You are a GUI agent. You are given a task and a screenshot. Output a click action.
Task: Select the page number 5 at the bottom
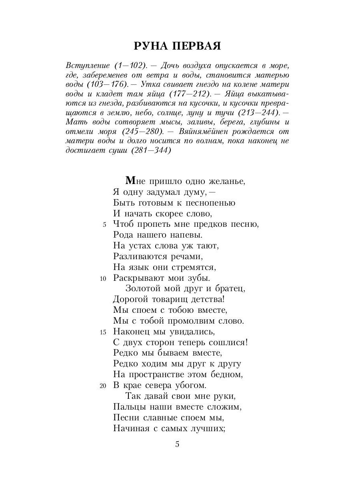[x=178, y=444]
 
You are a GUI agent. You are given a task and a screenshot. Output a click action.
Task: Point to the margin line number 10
[x=103, y=278]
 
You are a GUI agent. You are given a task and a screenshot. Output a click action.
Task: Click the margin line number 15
[x=103, y=332]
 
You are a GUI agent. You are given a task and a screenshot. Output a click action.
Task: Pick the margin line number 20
[x=103, y=386]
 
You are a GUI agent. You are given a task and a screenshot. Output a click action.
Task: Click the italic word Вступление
[x=87, y=65]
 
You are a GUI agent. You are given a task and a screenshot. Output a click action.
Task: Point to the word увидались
[x=191, y=332]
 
